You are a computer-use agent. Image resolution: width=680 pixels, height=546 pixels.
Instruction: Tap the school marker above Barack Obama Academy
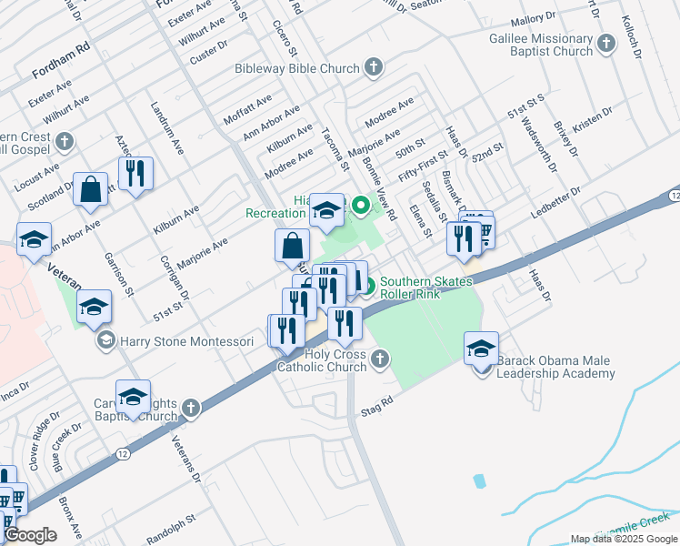[481, 349]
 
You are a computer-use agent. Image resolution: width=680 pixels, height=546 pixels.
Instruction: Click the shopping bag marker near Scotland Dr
[91, 190]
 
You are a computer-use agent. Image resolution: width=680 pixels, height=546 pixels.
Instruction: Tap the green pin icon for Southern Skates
[367, 288]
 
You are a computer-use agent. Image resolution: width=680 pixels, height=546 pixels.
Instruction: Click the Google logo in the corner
[29, 535]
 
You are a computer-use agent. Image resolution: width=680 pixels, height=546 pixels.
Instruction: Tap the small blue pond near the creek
[479, 480]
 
